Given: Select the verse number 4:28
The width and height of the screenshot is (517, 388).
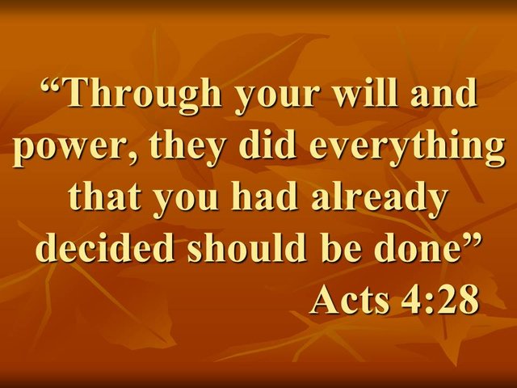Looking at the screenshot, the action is click(x=440, y=299).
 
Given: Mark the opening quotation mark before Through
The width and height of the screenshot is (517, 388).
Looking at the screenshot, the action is click(x=52, y=84).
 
